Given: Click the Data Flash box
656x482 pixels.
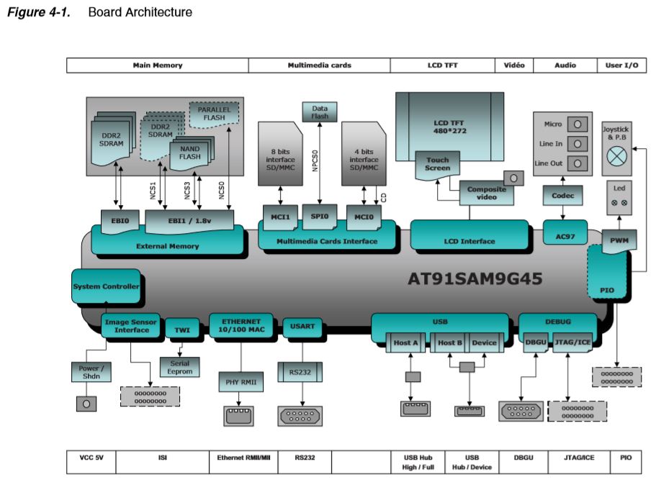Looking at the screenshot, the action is tap(320, 112).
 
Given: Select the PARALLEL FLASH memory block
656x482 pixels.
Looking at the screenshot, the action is tap(214, 114).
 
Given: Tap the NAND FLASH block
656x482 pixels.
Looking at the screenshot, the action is tap(192, 153).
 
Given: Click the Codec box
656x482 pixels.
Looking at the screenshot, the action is tap(562, 195).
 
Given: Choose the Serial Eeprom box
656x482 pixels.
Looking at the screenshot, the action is tap(179, 367).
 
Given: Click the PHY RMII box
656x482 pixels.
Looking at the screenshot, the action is tap(241, 382).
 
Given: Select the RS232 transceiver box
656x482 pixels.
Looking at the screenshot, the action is tap(300, 372).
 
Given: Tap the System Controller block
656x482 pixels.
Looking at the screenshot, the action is tap(106, 286).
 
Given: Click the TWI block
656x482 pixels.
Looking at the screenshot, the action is tap(182, 329).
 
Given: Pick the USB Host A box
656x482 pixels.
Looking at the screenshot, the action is tap(405, 342).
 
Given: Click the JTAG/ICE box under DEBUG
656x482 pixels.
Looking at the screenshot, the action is tap(572, 342).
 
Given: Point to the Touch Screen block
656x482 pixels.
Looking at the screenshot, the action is tap(438, 165).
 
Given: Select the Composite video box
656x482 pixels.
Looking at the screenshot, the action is tap(487, 193).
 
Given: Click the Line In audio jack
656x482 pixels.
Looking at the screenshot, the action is tap(578, 144).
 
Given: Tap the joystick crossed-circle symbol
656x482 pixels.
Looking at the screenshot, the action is tap(617, 157).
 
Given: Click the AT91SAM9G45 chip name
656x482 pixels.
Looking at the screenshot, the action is tap(475, 278).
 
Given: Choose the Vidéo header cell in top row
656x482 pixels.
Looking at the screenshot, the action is tap(514, 65).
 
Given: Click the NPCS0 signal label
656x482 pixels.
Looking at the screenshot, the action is tap(315, 160).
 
